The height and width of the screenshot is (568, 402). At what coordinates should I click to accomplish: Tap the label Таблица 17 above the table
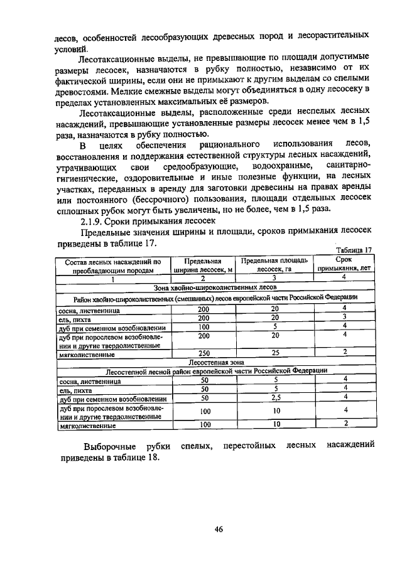(354, 250)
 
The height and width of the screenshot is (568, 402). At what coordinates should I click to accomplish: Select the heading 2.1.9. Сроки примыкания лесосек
(148, 221)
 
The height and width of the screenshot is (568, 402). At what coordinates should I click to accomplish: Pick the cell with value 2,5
(274, 397)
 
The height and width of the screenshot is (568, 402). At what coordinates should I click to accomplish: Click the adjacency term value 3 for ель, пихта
(344, 318)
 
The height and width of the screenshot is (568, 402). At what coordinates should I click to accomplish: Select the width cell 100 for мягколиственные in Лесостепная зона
(204, 424)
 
